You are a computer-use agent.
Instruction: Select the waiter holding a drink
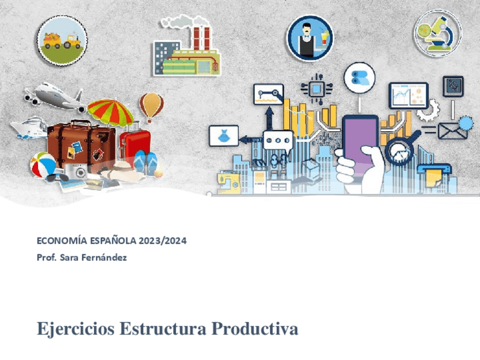coord(309,38)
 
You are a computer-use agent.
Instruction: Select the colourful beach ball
coord(43,165)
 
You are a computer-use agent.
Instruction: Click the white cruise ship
coord(29,127)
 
